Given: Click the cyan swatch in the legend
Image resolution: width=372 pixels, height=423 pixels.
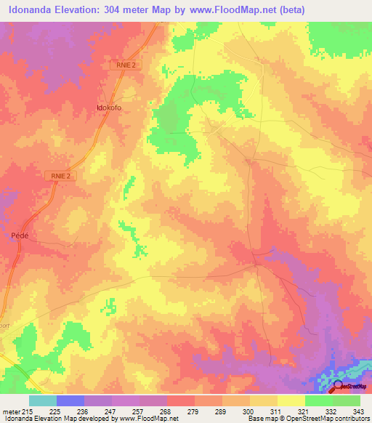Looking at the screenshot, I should click(43, 400).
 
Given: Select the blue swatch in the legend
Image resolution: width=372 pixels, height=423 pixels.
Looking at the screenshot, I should click(70, 400).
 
